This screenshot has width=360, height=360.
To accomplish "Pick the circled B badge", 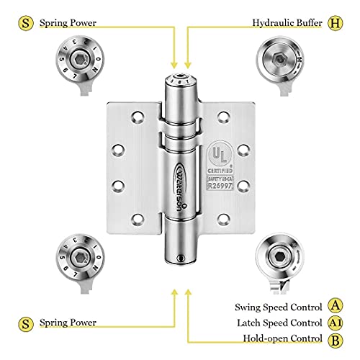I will pos(336,338).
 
